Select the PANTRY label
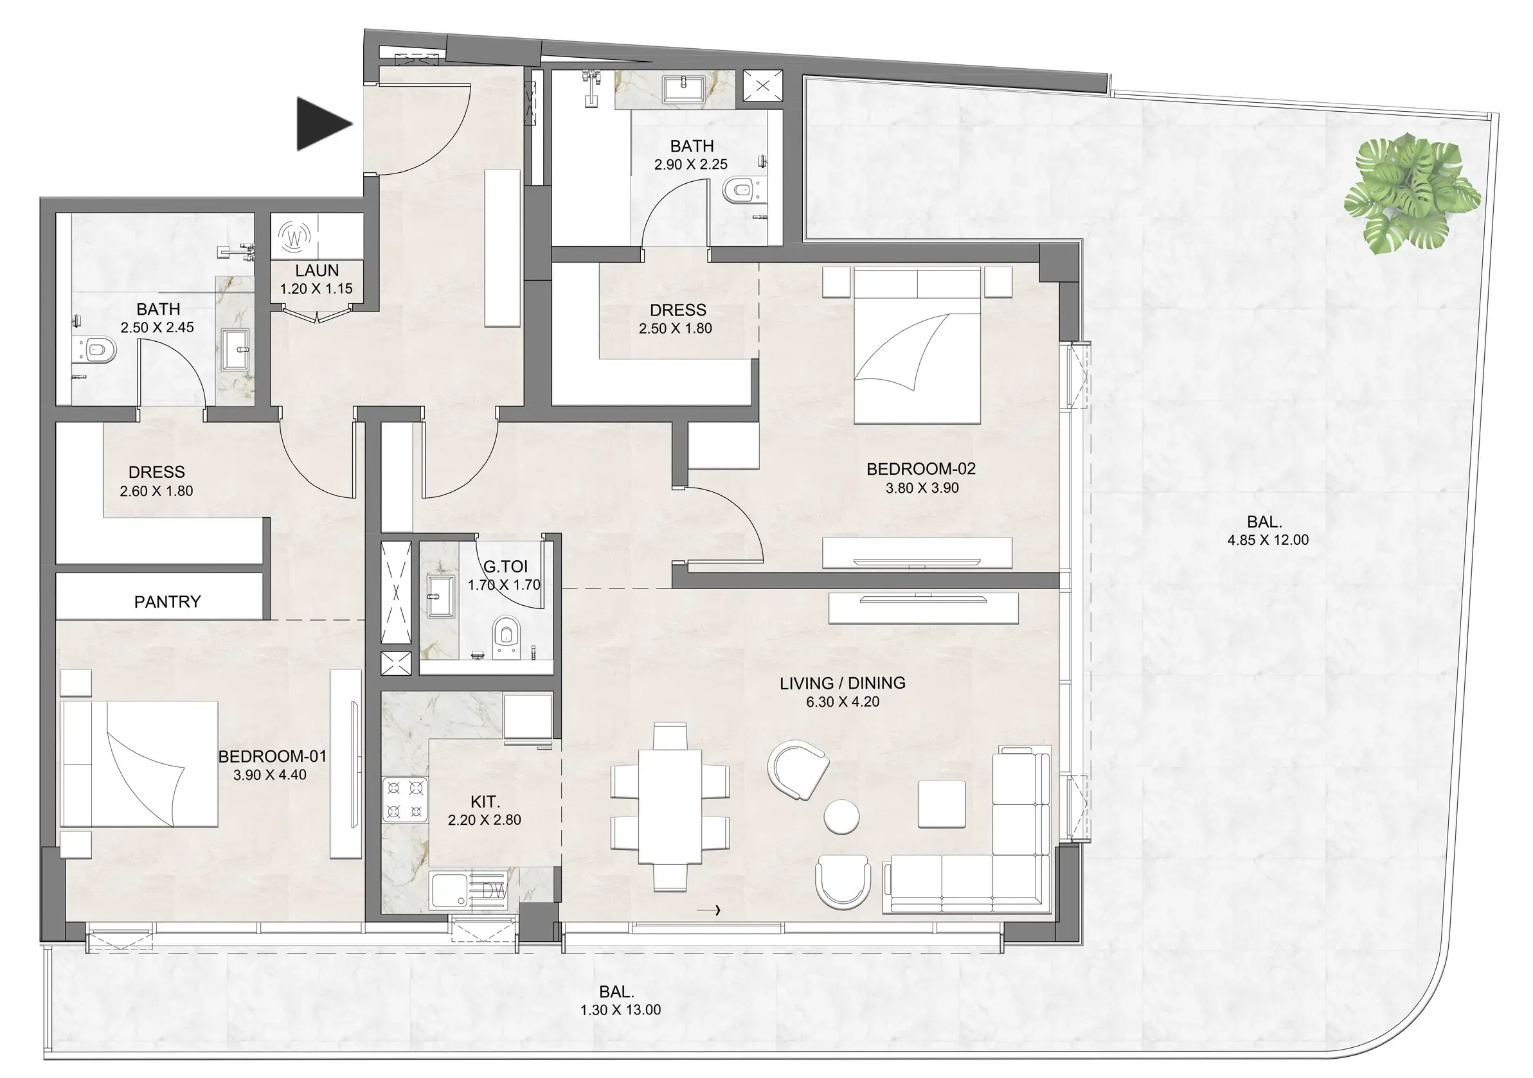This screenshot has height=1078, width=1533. click(x=167, y=602)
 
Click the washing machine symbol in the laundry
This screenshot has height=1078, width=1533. click(x=294, y=236)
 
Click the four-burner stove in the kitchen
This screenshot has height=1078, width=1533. click(x=404, y=799)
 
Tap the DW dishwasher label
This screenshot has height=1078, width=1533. click(x=494, y=891)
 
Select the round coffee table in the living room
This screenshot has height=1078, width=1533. click(x=841, y=816)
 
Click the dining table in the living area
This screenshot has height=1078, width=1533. click(x=670, y=806)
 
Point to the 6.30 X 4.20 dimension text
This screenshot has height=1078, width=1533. click(x=843, y=702)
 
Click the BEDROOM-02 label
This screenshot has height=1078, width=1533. click(x=920, y=469)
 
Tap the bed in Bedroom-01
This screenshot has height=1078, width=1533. click(x=140, y=764)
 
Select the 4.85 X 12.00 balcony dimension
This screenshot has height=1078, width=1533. click(x=1268, y=540)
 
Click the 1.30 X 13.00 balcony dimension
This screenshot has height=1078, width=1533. click(x=620, y=1010)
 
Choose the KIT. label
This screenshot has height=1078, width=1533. click(x=485, y=802)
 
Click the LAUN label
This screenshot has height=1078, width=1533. click(x=316, y=271)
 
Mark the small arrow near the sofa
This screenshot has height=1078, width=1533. click(x=708, y=910)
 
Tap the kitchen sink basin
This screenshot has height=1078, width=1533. click(x=449, y=890)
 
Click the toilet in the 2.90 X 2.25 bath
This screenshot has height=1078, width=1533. click(x=739, y=190)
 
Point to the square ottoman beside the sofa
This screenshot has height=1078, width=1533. click(x=942, y=804)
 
